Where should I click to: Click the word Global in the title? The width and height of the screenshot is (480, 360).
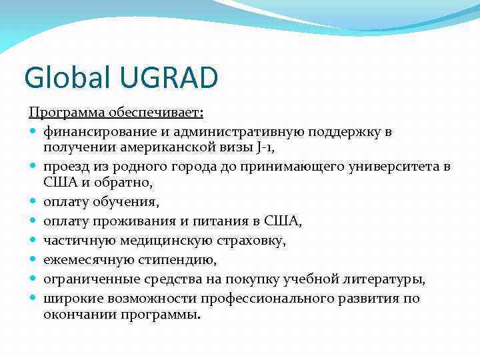click(65, 78)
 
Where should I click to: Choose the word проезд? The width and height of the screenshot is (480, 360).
click(63, 165)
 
